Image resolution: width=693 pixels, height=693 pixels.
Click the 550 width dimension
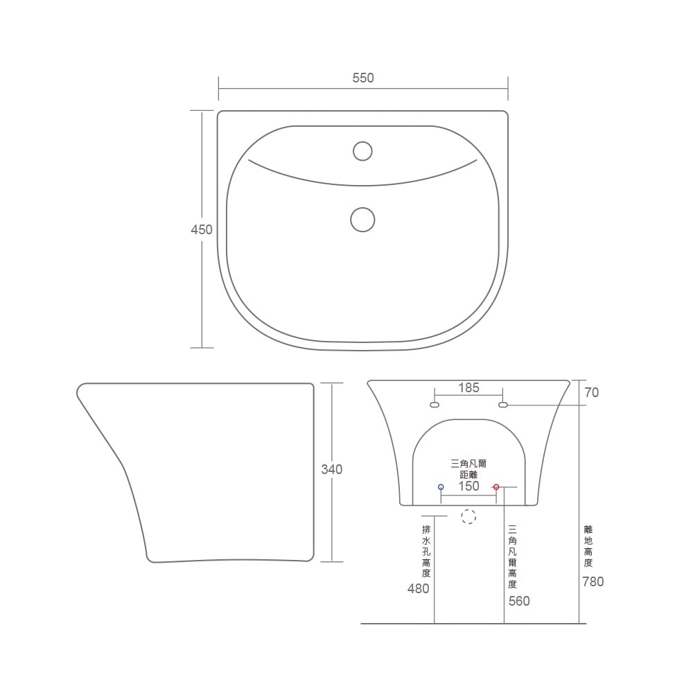coord(363,78)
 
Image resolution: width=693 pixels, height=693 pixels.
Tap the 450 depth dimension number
coord(202,229)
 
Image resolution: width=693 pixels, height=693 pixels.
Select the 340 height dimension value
coord(331,469)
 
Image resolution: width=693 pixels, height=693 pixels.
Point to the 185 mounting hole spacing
coord(468,387)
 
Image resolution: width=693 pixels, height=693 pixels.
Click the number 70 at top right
coord(591,392)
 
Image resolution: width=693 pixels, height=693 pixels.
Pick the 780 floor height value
coord(593,581)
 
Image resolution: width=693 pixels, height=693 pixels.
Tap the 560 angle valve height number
coord(519,601)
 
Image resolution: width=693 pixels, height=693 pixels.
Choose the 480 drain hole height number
coord(418,588)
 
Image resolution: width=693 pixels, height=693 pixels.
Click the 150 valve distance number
coord(468,486)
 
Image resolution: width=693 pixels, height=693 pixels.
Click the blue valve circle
coord(441,487)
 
